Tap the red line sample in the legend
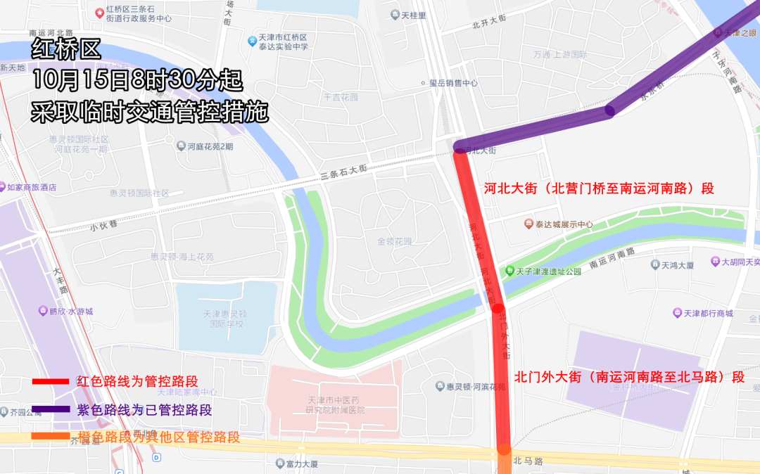click(51, 381)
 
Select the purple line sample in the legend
click(51, 409)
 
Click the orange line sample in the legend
click(51, 437)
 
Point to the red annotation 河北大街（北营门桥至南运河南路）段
click(599, 188)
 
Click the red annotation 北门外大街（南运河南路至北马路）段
click(629, 377)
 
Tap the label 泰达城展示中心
click(564, 224)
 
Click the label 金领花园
click(394, 241)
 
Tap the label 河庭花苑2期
click(210, 146)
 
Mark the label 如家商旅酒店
click(31, 188)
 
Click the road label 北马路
click(528, 461)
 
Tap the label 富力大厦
click(302, 464)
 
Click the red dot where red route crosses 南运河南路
click(498, 307)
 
